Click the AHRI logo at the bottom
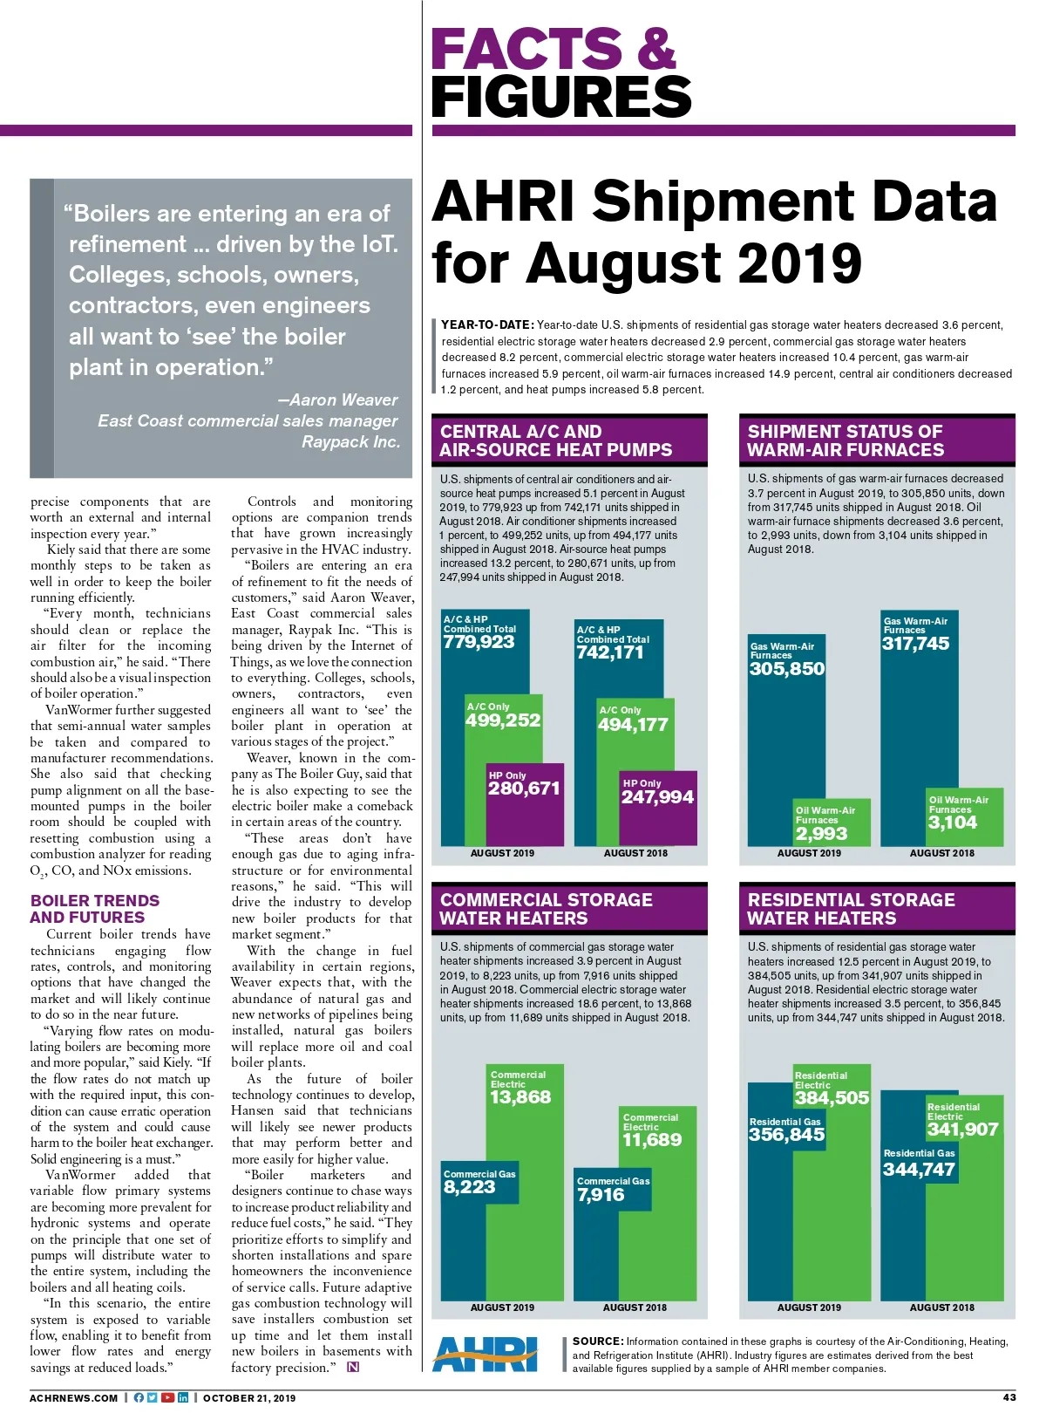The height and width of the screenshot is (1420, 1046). [486, 1355]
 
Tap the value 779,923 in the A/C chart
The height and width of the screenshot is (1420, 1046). [479, 643]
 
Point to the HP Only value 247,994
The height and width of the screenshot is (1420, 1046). [657, 797]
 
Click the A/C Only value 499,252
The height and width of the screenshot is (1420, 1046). [503, 720]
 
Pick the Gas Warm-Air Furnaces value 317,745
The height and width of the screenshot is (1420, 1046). [915, 645]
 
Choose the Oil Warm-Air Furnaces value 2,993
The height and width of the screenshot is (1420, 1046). [820, 834]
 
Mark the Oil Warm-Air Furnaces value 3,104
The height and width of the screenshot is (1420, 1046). [952, 823]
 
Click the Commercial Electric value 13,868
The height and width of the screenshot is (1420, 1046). [520, 1097]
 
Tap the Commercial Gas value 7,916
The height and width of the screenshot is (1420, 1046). [601, 1195]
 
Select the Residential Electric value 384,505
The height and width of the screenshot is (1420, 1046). [832, 1098]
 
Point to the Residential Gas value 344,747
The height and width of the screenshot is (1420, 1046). [919, 1170]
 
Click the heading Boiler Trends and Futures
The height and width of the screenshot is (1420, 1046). [95, 909]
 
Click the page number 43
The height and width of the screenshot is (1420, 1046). [1009, 1397]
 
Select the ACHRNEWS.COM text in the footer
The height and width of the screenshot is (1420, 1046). [73, 1398]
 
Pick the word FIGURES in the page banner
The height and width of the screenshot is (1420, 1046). [560, 96]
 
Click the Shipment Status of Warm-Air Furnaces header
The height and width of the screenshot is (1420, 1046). [846, 440]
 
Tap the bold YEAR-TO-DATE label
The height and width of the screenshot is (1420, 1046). [486, 325]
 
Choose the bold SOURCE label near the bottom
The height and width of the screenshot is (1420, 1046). [598, 1341]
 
